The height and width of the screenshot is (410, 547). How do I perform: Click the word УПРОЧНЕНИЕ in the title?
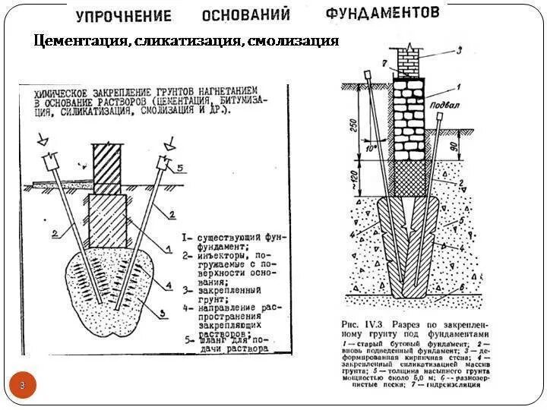[124, 16]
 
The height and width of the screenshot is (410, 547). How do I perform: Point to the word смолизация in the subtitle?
[292, 41]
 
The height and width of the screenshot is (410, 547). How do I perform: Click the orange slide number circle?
[23, 386]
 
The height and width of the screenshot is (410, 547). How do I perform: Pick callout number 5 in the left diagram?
[179, 167]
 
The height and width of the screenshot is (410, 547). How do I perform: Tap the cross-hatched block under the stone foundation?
[412, 178]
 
